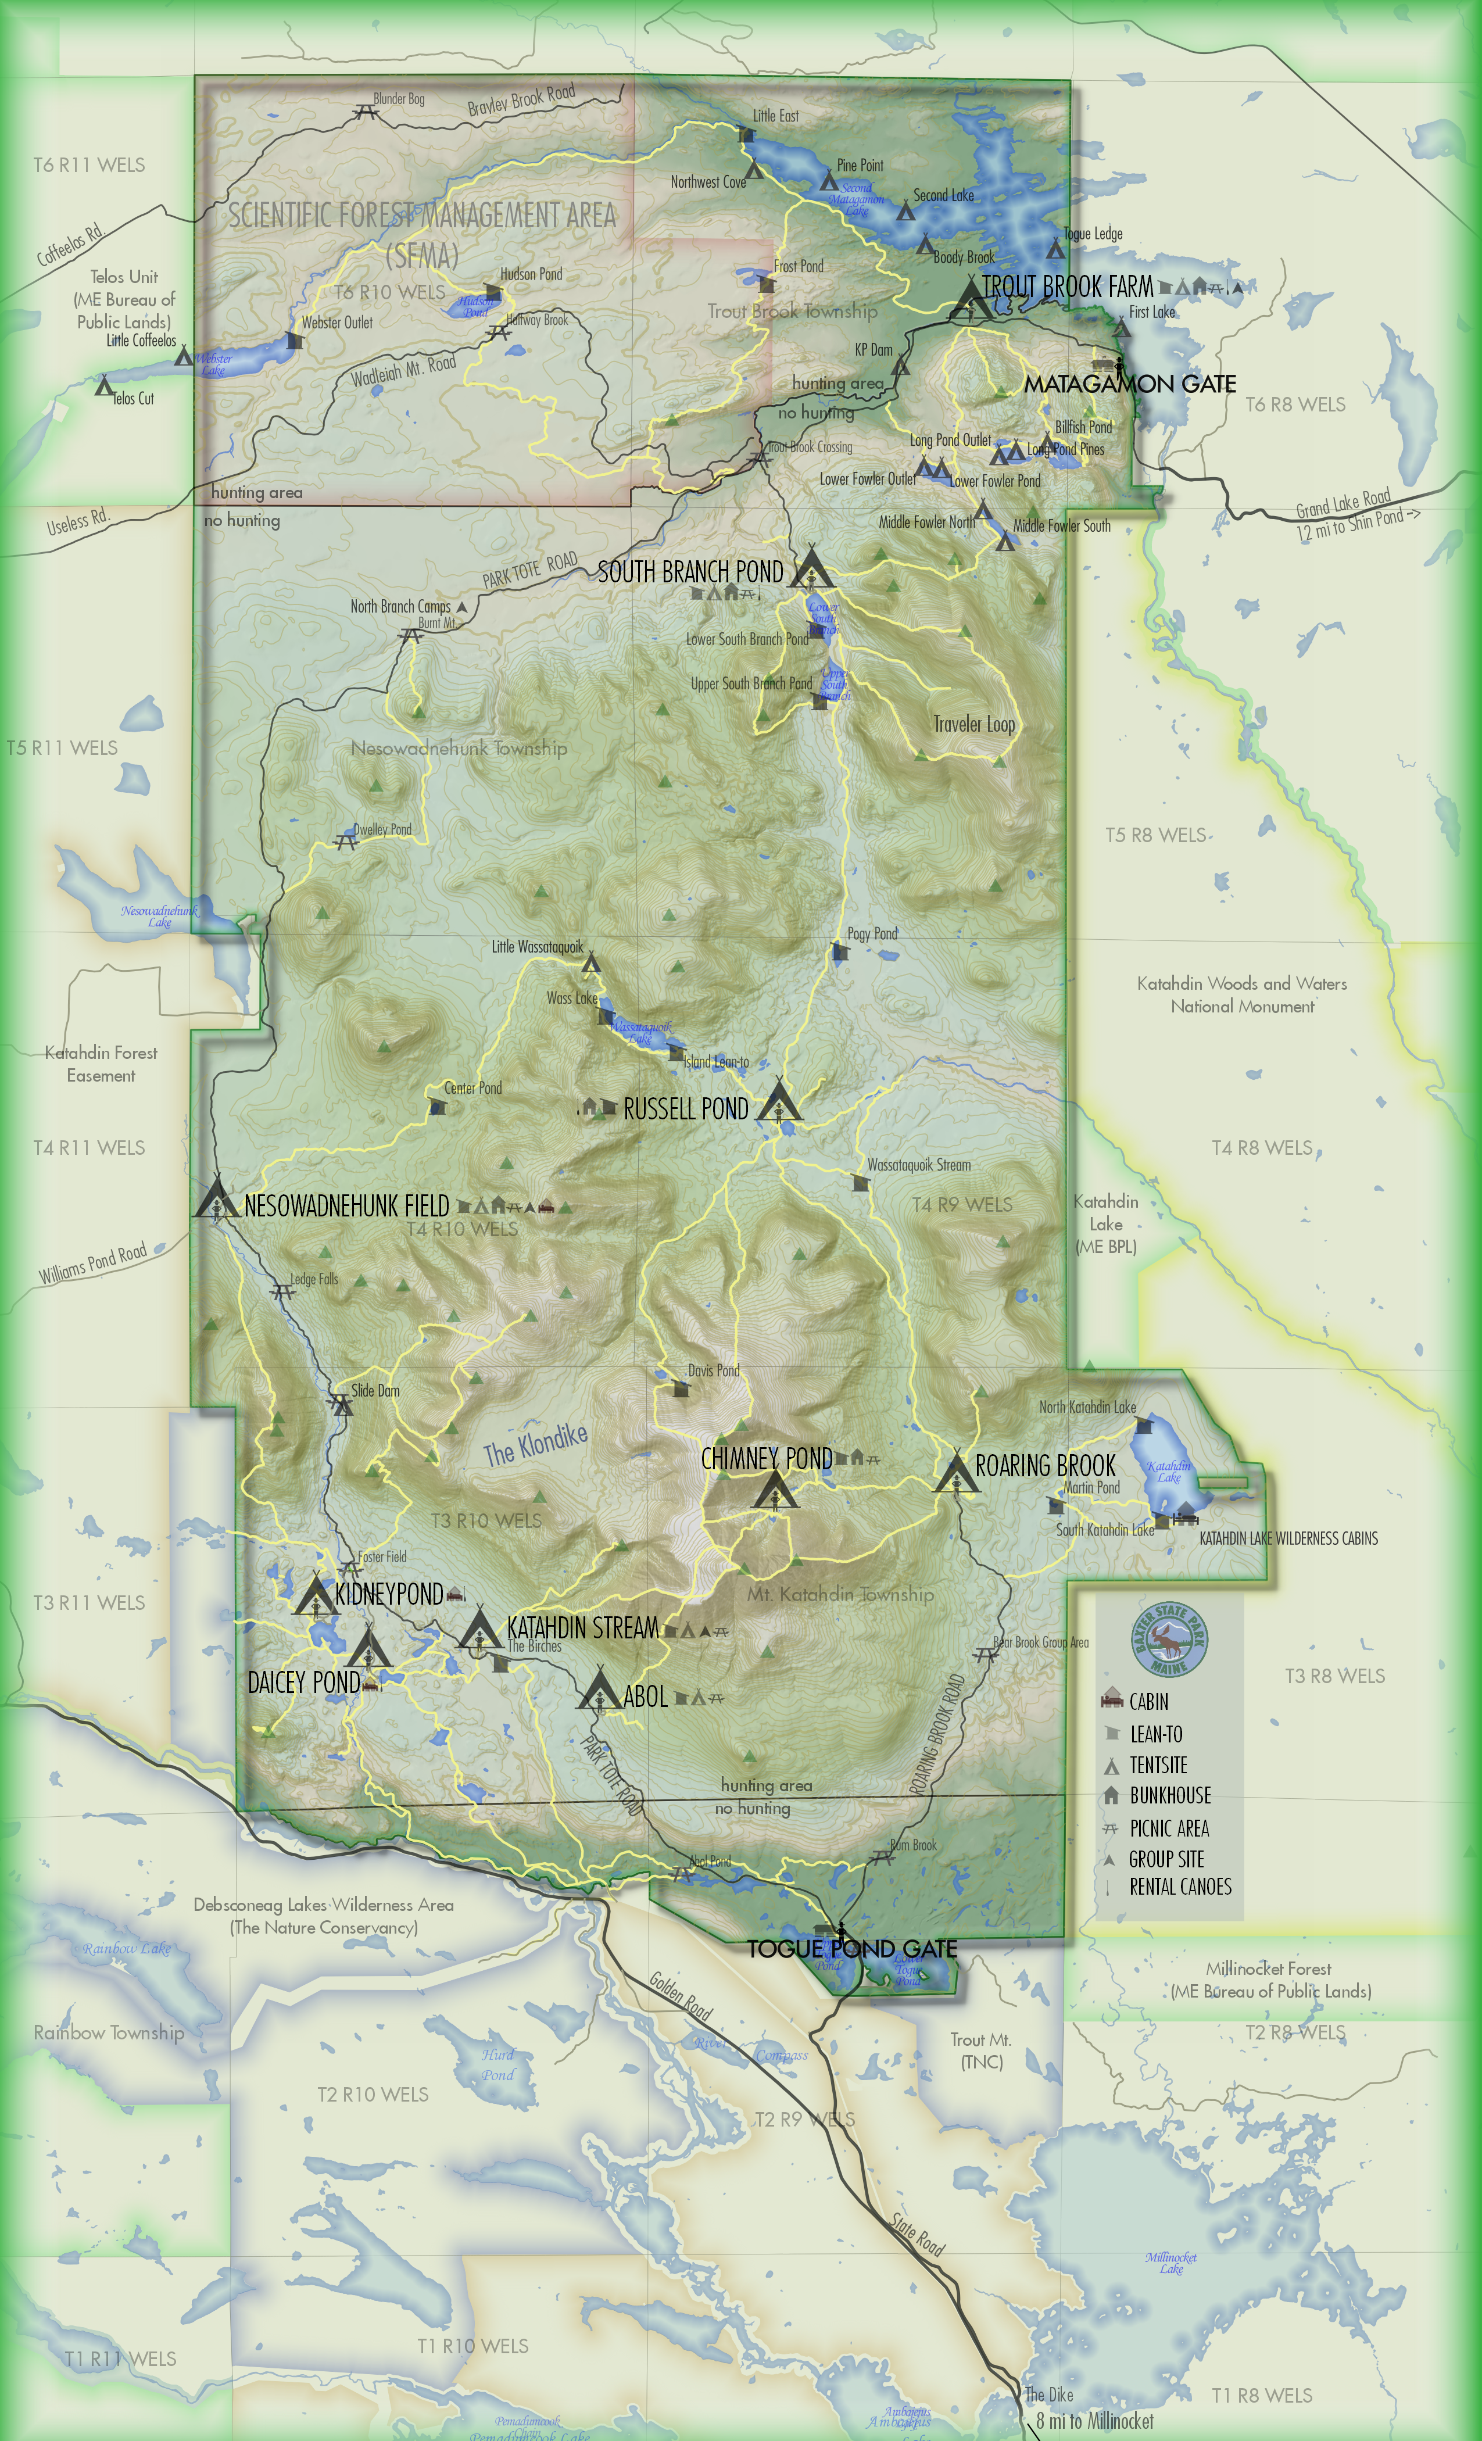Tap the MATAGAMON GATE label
tap(1129, 384)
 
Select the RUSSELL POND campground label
tap(686, 1108)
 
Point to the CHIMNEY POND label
tap(766, 1458)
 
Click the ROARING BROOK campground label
tap(1045, 1465)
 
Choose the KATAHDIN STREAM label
tap(582, 1628)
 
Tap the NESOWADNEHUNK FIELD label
tap(347, 1205)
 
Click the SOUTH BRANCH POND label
tap(690, 572)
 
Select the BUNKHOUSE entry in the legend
tap(1170, 1795)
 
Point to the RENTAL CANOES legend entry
tap(1180, 1886)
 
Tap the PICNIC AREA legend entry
tap(1169, 1828)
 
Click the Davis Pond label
tap(713, 1370)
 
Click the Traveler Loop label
tap(974, 724)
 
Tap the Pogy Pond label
tap(872, 933)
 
